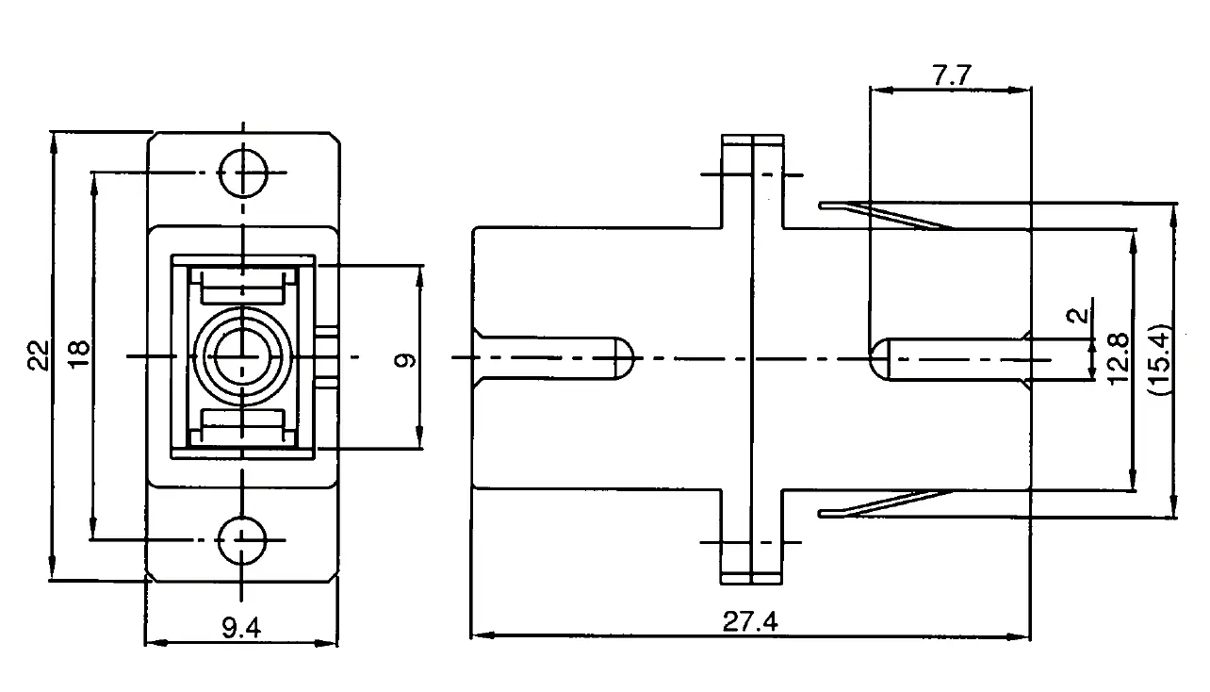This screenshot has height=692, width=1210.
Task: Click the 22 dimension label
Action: click(39, 355)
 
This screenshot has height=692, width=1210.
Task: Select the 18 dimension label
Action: click(79, 354)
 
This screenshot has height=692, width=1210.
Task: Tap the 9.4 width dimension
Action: click(241, 627)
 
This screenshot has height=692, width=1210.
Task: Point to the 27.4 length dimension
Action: click(750, 621)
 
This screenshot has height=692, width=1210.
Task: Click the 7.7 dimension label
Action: click(952, 75)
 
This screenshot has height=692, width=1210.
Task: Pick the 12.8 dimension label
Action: click(1119, 359)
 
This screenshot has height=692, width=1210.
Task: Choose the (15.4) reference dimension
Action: click(1159, 359)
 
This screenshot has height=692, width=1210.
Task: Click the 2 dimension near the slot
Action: click(1078, 316)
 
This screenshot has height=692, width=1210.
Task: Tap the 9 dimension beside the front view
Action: click(404, 359)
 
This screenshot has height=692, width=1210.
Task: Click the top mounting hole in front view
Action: click(243, 173)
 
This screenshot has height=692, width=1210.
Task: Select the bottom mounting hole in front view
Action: click(242, 540)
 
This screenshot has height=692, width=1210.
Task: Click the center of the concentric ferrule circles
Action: click(242, 356)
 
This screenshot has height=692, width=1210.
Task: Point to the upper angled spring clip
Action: click(886, 215)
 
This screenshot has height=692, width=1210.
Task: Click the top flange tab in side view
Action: click(752, 181)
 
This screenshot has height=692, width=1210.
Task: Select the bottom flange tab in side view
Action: click(751, 536)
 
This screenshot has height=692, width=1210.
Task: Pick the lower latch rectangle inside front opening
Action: click(242, 425)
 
